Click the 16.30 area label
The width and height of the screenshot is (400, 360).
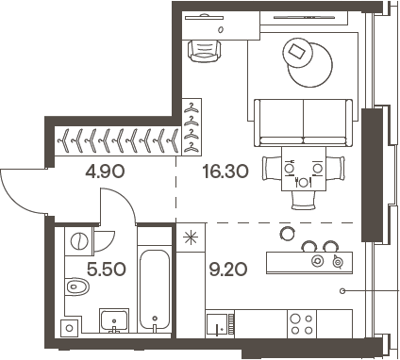click(x=227, y=172)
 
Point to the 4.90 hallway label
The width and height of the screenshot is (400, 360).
click(x=104, y=172)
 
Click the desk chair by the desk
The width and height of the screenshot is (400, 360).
click(x=204, y=49)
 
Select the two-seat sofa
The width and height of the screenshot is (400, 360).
click(x=304, y=119)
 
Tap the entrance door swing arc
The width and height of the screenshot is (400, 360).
click(x=21, y=193)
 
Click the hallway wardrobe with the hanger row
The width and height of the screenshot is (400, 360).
click(x=115, y=140)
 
